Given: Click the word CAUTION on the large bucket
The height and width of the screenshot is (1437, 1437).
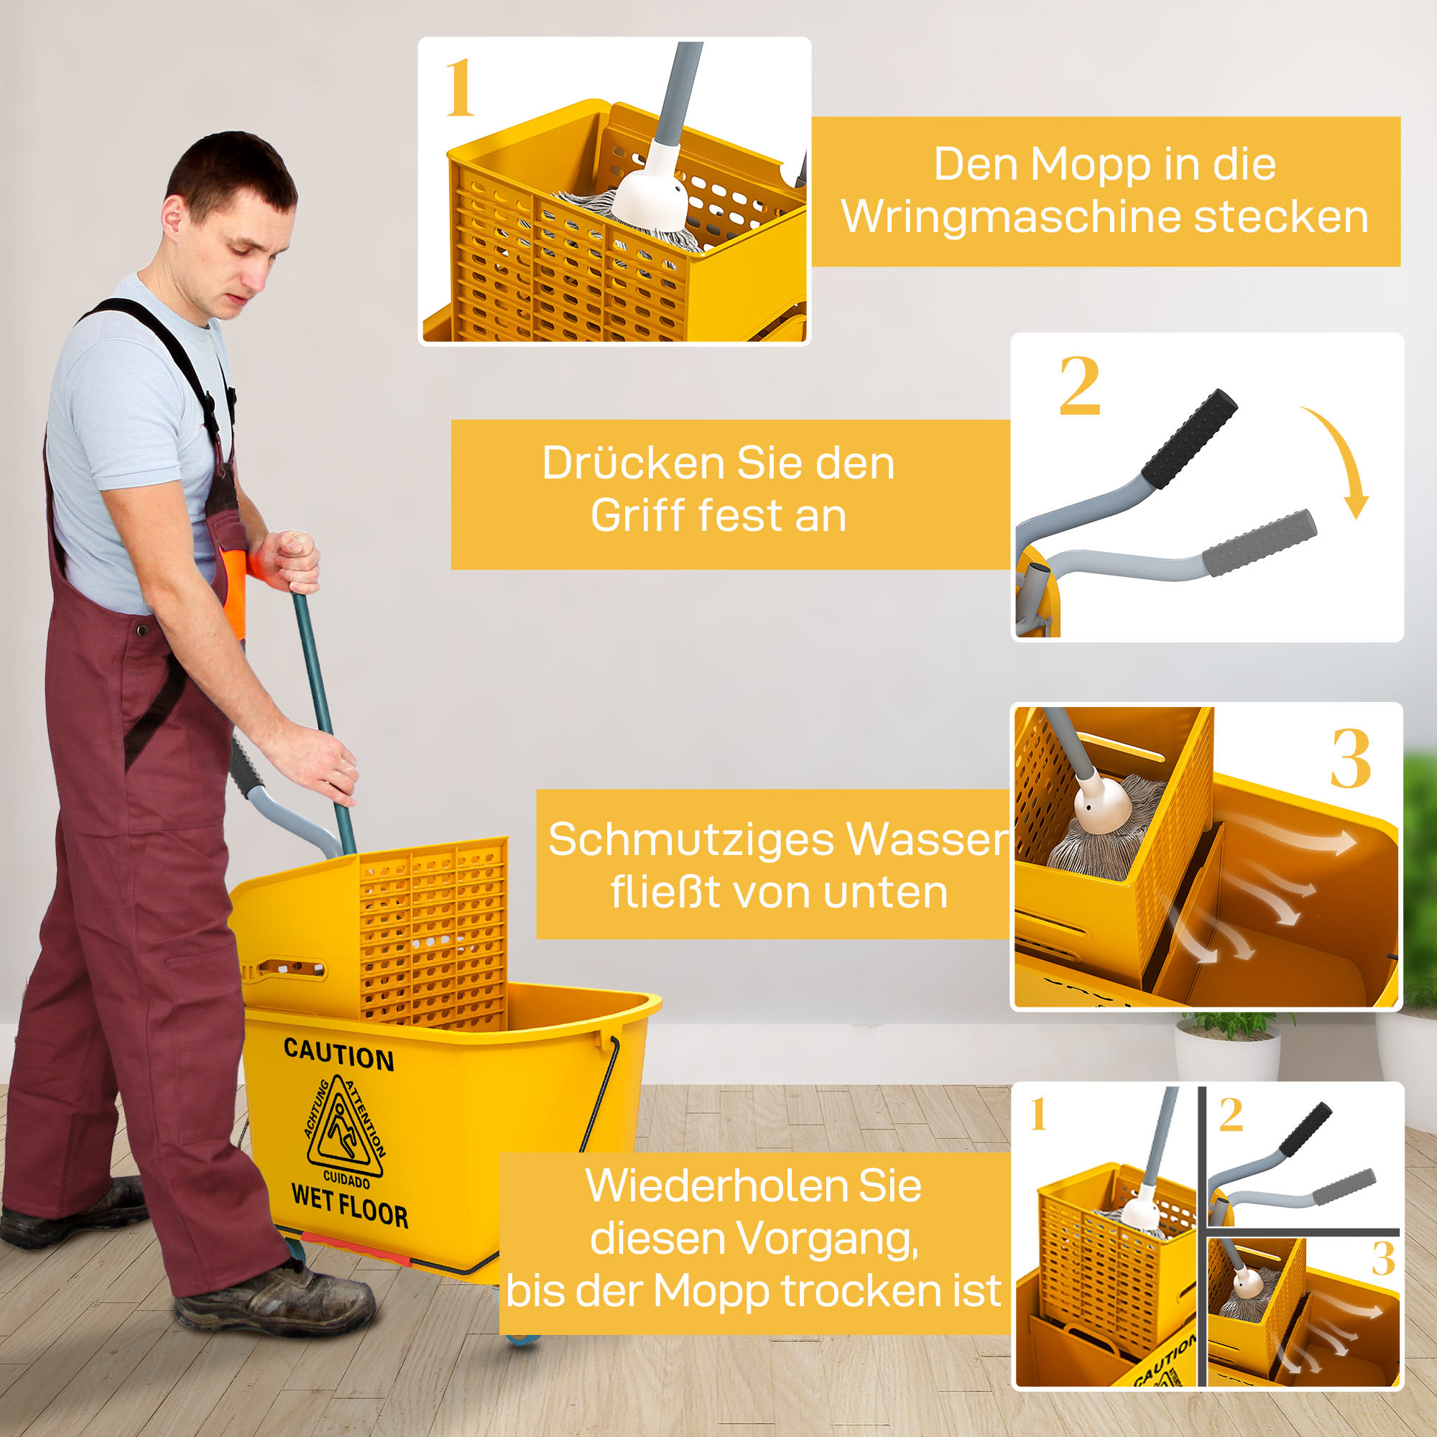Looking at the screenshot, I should [338, 1055].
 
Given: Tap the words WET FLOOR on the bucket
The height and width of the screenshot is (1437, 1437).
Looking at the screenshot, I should [350, 1205].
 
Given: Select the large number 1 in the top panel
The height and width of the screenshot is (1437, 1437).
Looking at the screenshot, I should [459, 89].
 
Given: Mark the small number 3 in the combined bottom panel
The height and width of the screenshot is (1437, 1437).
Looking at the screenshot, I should [1382, 1259].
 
